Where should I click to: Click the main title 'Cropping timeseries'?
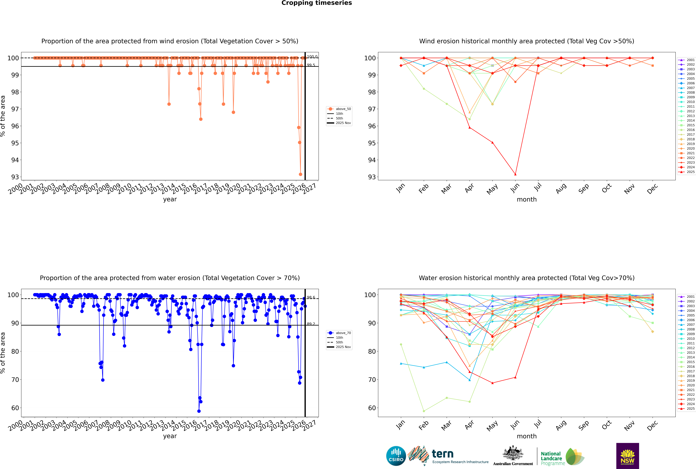tap(317, 3)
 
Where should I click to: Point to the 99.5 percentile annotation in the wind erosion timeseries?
tap(311, 65)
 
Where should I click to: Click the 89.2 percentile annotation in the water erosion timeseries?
tap(311, 324)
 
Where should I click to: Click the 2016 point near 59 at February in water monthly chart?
tap(424, 411)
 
